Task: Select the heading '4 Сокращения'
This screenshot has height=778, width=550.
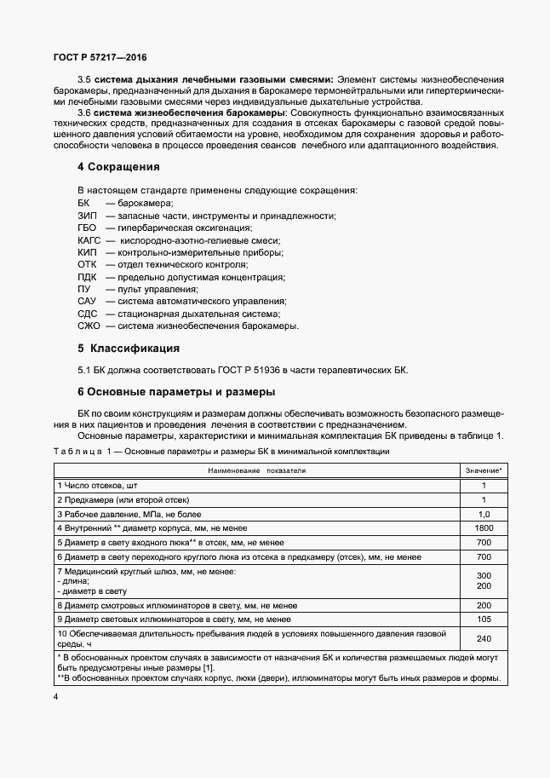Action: (118, 166)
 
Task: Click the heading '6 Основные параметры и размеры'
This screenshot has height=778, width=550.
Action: (176, 392)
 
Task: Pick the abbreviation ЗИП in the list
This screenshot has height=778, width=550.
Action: (87, 216)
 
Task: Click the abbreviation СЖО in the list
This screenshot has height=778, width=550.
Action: (89, 326)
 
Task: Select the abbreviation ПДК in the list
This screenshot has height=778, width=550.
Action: (87, 277)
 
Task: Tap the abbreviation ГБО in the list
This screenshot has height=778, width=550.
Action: (87, 228)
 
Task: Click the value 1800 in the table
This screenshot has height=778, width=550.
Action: (484, 528)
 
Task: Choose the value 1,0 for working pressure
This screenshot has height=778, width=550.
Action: (484, 514)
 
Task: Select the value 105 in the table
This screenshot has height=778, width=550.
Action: (484, 619)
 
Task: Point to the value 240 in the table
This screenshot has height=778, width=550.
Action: (484, 638)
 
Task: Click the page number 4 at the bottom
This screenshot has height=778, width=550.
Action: (55, 698)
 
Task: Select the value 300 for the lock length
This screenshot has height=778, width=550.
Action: (484, 576)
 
